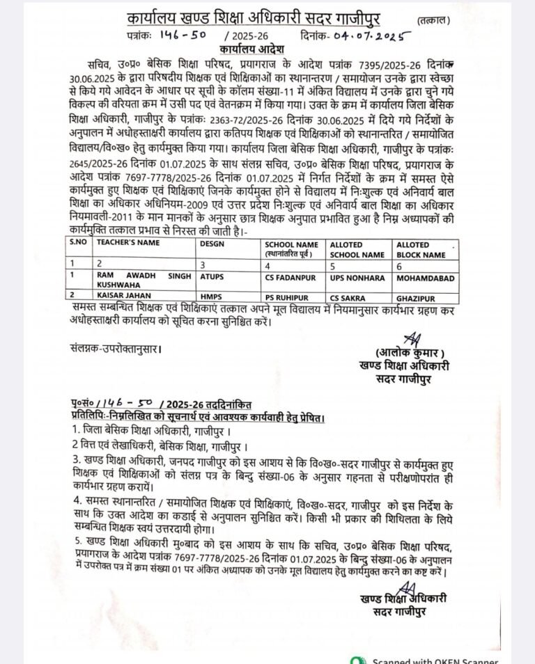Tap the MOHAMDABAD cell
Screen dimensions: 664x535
pos(425,277)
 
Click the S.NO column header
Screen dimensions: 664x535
pos(78,244)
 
